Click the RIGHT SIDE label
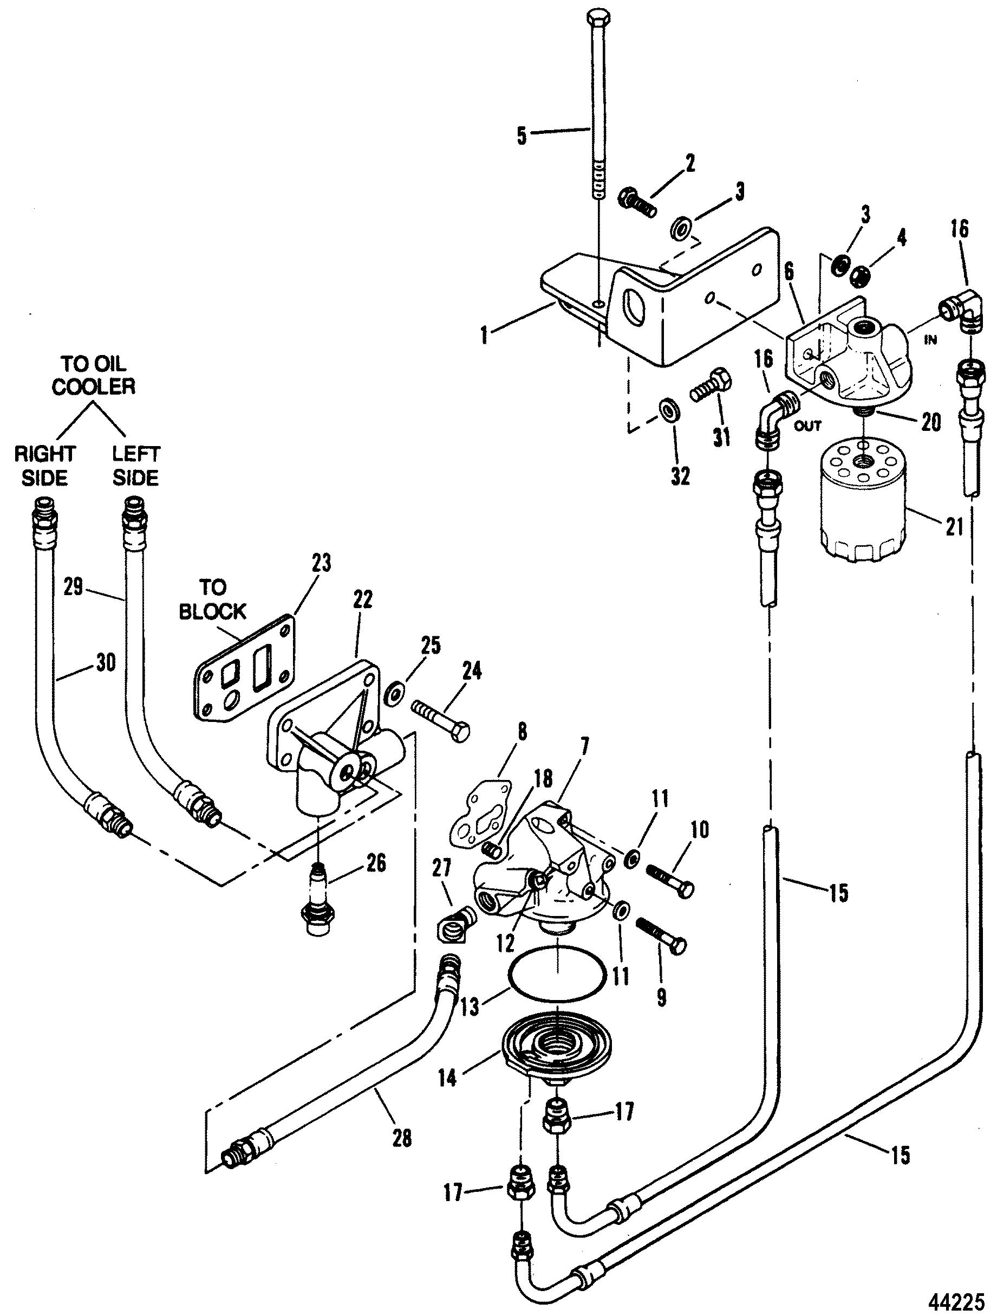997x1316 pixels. click(x=44, y=465)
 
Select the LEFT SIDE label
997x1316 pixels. click(x=135, y=465)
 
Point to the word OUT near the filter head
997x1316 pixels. click(x=807, y=426)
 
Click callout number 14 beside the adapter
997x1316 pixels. click(x=448, y=1078)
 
